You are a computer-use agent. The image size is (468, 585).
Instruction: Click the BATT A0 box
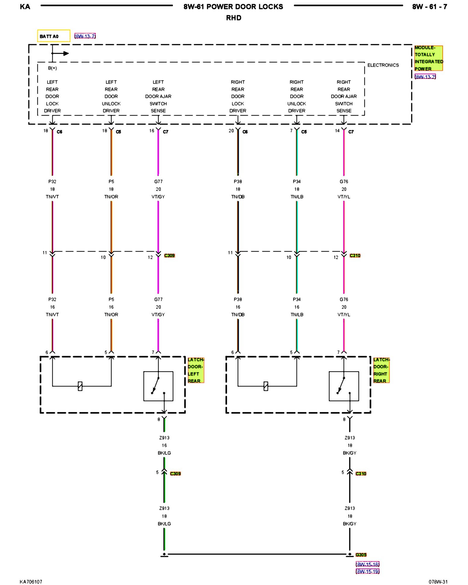(x=54, y=36)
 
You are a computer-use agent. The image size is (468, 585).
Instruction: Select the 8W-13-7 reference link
(x=85, y=36)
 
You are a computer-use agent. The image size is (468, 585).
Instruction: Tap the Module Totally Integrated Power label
(x=428, y=58)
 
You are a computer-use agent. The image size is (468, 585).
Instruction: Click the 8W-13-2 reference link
(x=425, y=77)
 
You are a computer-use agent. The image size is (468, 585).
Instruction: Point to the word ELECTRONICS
(x=383, y=65)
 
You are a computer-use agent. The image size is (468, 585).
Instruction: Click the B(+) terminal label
(x=52, y=68)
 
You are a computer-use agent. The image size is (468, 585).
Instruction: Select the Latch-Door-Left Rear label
(x=195, y=370)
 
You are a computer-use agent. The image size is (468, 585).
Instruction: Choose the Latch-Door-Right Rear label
(x=381, y=370)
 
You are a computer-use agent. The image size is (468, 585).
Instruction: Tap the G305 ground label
(x=361, y=555)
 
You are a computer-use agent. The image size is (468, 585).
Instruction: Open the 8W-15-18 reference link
(x=367, y=564)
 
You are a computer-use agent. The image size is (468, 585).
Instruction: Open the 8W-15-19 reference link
(x=367, y=571)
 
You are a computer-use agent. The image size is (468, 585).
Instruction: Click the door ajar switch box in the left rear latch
(x=158, y=386)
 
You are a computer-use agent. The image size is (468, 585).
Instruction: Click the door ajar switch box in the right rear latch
(x=344, y=386)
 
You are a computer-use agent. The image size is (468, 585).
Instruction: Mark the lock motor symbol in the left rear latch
(x=80, y=386)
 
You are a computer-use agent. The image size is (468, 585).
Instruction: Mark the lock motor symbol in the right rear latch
(x=266, y=386)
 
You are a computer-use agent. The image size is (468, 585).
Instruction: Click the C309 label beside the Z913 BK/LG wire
(x=175, y=474)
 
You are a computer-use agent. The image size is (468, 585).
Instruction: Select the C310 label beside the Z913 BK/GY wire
(x=361, y=474)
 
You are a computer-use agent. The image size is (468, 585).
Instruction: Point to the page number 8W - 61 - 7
(x=429, y=7)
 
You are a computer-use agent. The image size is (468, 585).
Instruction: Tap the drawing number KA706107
(x=31, y=582)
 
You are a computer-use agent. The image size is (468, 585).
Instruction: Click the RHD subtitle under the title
(x=233, y=18)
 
